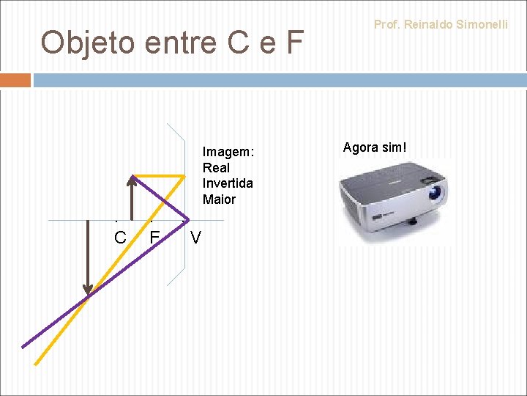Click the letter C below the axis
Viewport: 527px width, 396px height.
[x=120, y=238]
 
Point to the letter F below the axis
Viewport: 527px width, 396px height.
[x=154, y=238]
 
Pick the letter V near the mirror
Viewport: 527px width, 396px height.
[x=195, y=238]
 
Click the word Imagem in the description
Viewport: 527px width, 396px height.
[x=228, y=152]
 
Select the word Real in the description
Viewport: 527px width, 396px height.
[x=216, y=168]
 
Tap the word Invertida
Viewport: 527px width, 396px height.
[x=228, y=183]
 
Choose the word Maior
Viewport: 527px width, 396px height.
[x=219, y=199]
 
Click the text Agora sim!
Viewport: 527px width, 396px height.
[x=374, y=147]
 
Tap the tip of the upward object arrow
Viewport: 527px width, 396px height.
[x=132, y=176]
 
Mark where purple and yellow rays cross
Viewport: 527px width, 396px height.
[x=89, y=294]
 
